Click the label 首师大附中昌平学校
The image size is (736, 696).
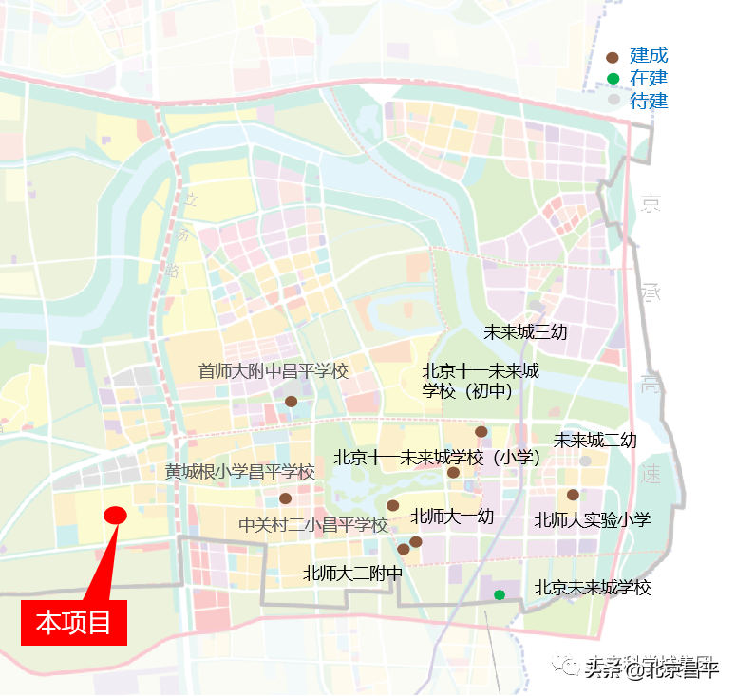pyautogui.click(x=274, y=371)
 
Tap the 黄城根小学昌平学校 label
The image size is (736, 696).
pyautogui.click(x=239, y=472)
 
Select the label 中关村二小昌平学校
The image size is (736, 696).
pyautogui.click(x=313, y=525)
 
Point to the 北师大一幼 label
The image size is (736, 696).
pyautogui.click(x=452, y=517)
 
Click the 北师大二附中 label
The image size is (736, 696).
pyautogui.click(x=352, y=574)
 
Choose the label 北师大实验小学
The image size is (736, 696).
pyautogui.click(x=593, y=519)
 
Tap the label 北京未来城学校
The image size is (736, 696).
pyautogui.click(x=593, y=588)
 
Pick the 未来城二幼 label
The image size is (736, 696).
pyautogui.click(x=595, y=441)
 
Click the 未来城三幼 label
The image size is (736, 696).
pyautogui.click(x=525, y=332)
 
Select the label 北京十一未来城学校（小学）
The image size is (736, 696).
pyautogui.click(x=437, y=458)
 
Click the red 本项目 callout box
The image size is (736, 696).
pyautogui.click(x=74, y=623)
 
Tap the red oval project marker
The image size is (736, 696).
pyautogui.click(x=115, y=516)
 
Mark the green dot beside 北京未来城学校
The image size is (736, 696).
pyautogui.click(x=500, y=595)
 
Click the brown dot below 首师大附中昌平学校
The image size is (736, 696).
pyautogui.click(x=291, y=402)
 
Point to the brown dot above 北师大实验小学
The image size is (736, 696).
pyautogui.click(x=573, y=495)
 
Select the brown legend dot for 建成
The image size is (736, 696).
pyautogui.click(x=613, y=57)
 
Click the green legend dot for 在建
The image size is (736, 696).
pyautogui.click(x=613, y=79)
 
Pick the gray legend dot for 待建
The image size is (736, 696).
pyautogui.click(x=613, y=101)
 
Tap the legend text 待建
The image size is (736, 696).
pyautogui.click(x=650, y=101)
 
